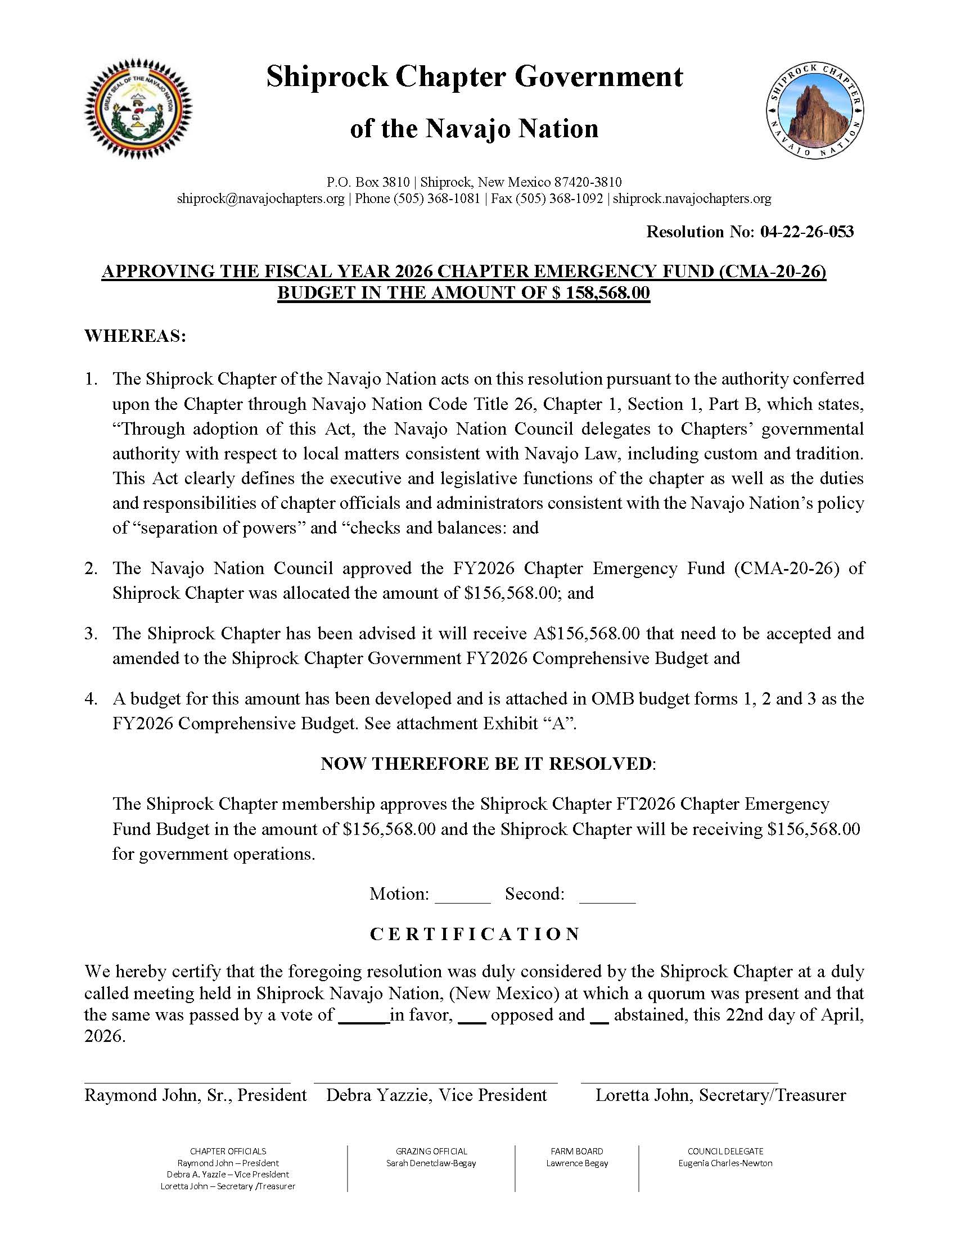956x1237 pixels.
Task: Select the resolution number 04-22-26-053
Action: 807,232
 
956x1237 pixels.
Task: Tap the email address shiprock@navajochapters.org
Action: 260,199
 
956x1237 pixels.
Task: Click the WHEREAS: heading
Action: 136,336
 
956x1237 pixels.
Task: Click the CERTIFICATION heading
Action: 475,934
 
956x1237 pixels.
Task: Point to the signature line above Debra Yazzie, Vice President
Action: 435,1082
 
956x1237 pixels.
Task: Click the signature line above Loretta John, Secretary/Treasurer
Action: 679,1082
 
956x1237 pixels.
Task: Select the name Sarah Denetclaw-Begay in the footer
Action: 431,1163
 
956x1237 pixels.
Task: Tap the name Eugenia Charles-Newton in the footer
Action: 725,1163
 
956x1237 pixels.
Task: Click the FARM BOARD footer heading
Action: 576,1151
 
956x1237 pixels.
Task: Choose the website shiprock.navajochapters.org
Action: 692,199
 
